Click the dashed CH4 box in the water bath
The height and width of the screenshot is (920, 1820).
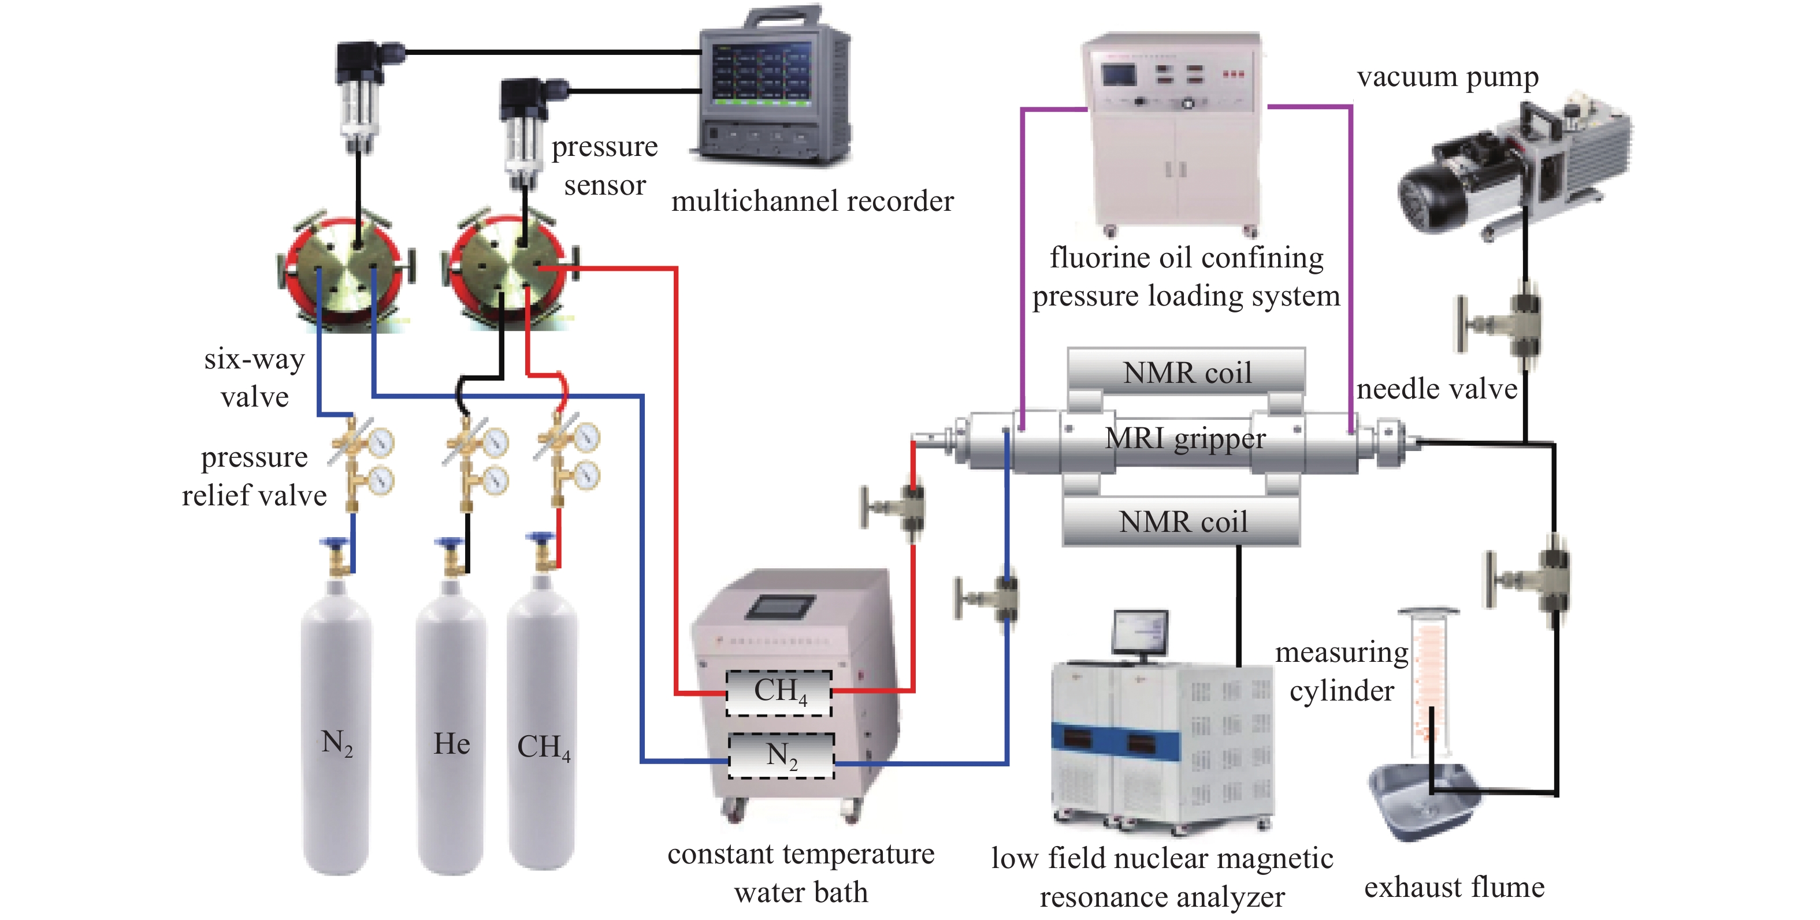[x=779, y=692]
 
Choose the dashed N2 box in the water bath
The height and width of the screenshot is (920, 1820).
[x=781, y=755]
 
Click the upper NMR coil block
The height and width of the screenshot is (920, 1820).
[x=1186, y=371]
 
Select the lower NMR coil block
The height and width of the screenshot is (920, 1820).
[x=1182, y=522]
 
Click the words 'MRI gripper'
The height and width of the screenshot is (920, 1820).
[x=1185, y=439]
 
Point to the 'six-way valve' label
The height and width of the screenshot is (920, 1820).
[x=254, y=378]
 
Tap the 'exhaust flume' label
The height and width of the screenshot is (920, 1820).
[x=1454, y=887]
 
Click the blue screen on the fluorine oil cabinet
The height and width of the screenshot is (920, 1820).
[x=1119, y=76]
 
